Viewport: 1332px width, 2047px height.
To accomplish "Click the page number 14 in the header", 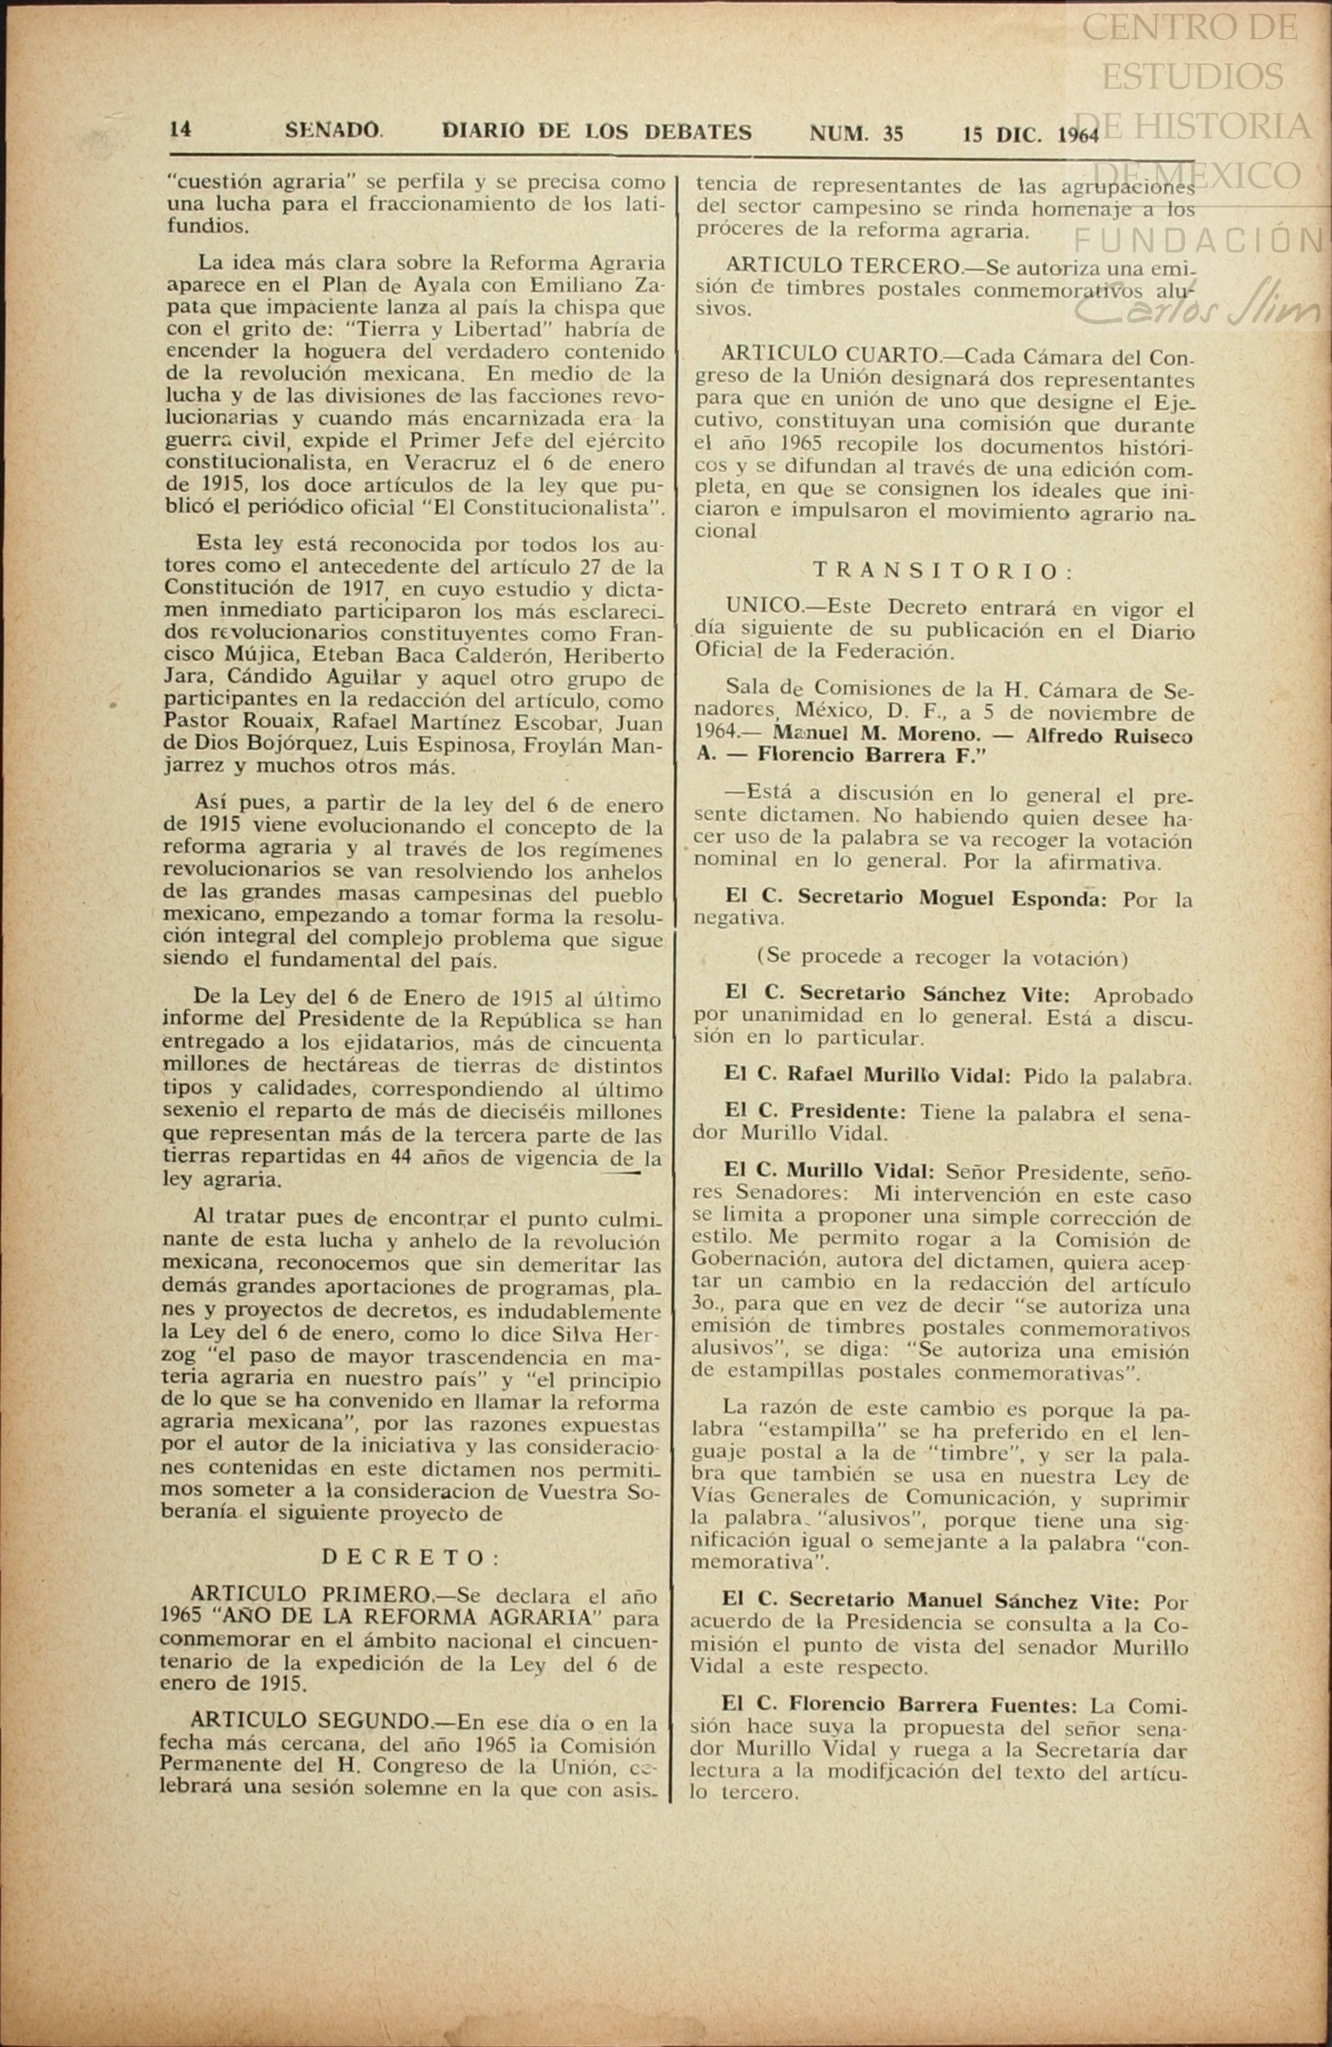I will coord(180,130).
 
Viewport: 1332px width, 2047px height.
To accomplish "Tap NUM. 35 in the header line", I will coord(856,134).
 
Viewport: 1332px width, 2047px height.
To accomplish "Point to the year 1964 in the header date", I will coord(1078,135).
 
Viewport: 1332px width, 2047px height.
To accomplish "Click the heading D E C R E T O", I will coord(412,1557).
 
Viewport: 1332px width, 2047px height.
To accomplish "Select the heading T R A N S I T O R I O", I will coord(943,570).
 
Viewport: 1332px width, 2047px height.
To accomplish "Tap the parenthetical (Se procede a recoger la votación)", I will coord(941,956).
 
